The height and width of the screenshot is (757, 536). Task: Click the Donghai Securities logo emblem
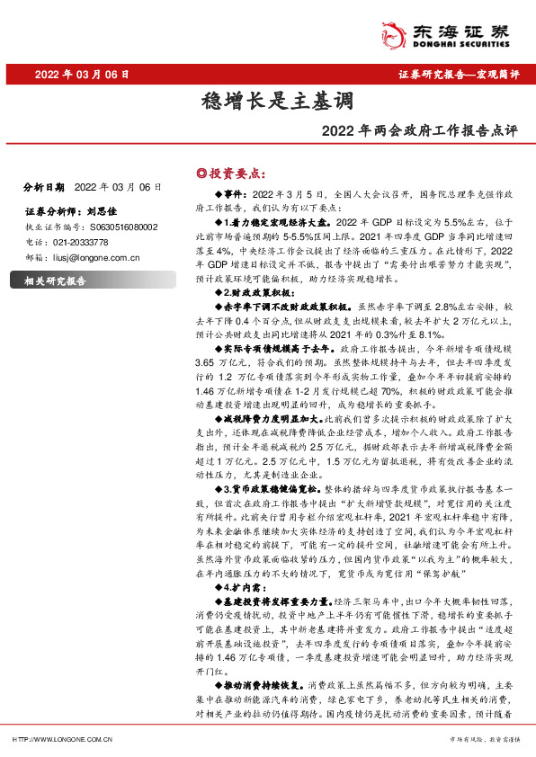click(x=395, y=32)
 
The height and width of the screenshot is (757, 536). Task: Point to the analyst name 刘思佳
click(x=104, y=213)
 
